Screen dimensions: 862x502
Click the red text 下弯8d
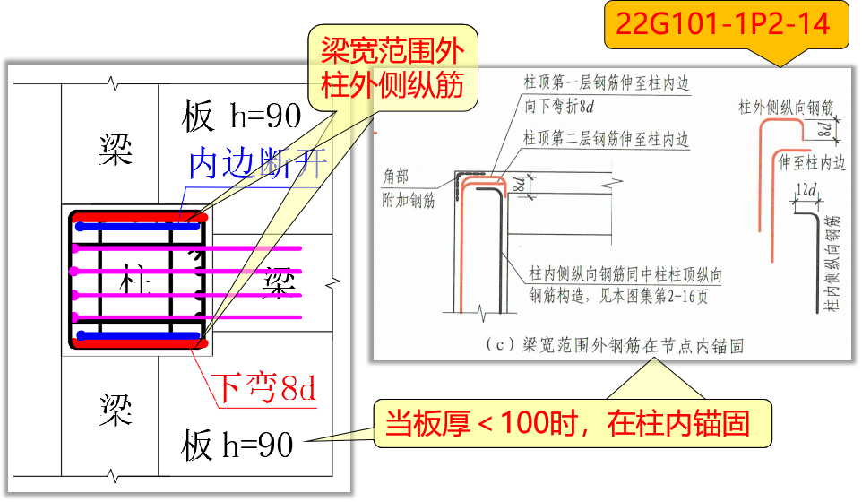click(x=264, y=388)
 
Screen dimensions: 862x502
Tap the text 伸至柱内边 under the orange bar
click(x=812, y=164)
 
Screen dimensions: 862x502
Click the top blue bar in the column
click(x=137, y=227)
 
